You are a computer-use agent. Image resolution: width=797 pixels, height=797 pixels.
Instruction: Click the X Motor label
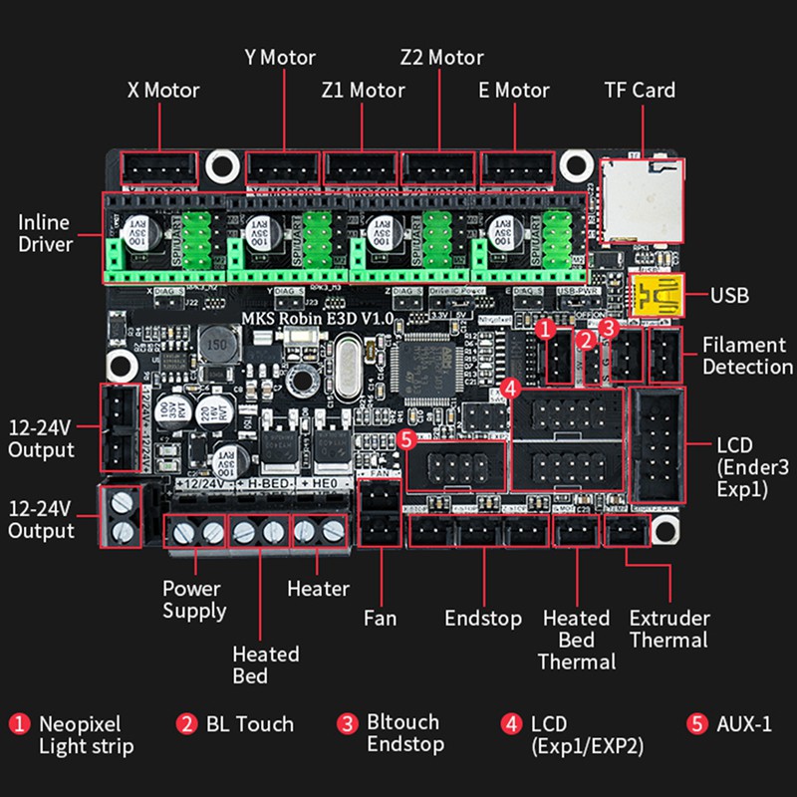tap(163, 91)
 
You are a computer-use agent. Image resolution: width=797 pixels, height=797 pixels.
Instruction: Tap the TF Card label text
tap(640, 91)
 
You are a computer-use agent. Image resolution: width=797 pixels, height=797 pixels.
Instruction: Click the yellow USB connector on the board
tap(655, 296)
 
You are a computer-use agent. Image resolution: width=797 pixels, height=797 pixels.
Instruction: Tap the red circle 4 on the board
tap(509, 387)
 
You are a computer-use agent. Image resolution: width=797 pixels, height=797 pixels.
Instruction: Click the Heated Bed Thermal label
tap(577, 639)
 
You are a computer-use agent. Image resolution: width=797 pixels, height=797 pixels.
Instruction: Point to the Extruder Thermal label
tap(668, 629)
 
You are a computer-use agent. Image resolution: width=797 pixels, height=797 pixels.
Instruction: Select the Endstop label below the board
tap(483, 618)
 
